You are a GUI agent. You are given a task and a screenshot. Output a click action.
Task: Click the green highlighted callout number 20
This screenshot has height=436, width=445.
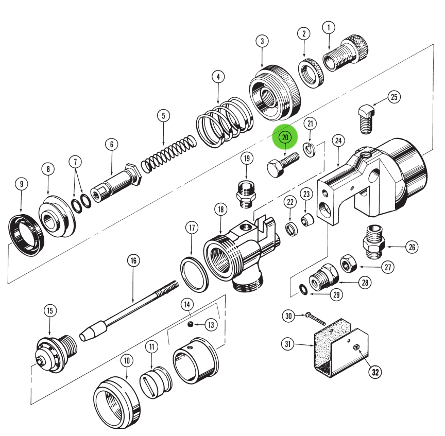pos(285,137)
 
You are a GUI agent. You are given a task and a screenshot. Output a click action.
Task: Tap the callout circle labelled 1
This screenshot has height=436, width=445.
pos(329,27)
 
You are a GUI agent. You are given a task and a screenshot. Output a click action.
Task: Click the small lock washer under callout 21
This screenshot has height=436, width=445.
pos(309,150)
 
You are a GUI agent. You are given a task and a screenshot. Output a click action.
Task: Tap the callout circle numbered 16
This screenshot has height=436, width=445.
pos(133,260)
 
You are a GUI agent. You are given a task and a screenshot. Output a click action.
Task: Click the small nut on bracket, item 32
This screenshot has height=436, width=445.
pos(356,347)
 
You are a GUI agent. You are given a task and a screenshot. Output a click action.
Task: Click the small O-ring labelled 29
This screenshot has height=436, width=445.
pos(305,290)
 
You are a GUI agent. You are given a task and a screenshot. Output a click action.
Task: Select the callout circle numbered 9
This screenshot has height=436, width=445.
pos(21,183)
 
